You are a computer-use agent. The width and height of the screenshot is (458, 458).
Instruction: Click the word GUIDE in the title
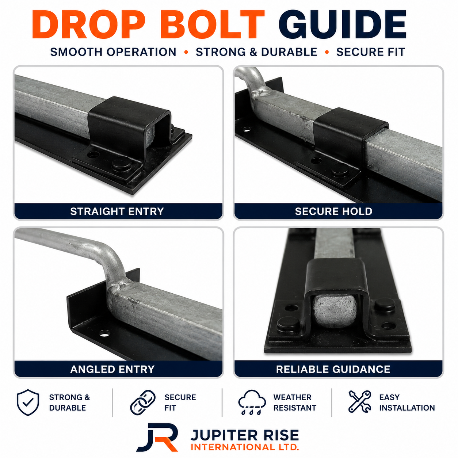pos(342,24)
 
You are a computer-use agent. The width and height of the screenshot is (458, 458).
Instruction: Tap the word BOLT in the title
pos(212,24)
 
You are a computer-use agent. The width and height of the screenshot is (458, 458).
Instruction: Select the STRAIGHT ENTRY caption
pos(117,211)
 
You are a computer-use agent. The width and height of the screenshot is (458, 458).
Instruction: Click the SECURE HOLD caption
pos(333,211)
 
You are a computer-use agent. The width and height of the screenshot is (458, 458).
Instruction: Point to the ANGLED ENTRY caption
pos(112,369)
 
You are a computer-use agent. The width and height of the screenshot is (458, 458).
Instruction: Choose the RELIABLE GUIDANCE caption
pos(333,369)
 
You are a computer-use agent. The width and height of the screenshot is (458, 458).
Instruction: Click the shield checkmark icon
pos(28,402)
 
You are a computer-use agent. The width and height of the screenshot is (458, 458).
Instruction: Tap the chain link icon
pos(143,402)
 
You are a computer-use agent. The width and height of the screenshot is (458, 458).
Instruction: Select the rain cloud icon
pos(252,402)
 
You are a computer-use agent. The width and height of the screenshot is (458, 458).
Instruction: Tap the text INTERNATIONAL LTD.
pos(245,447)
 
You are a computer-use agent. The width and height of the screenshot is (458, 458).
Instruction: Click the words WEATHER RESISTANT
pos(295,402)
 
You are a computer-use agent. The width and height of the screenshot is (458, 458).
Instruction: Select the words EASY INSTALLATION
pos(407,402)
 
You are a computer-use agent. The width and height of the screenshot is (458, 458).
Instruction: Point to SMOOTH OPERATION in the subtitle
pos(113,52)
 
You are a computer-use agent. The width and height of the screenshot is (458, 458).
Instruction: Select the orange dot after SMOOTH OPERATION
pos(186,52)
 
